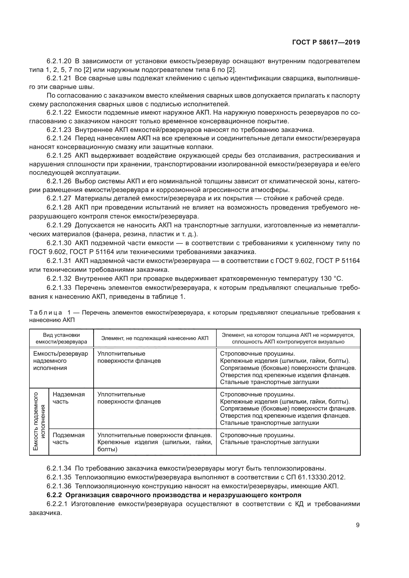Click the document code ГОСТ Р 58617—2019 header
[x=326, y=42]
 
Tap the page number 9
[x=358, y=525]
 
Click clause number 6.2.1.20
[x=59, y=61]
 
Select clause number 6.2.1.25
[x=59, y=155]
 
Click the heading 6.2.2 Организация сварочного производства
[x=174, y=495]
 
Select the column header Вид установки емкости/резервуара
[x=62, y=338]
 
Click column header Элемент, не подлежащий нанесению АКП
[x=155, y=338]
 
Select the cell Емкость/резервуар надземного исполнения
[x=60, y=361]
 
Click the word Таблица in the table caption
[x=46, y=313]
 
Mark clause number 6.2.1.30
[x=59, y=243]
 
